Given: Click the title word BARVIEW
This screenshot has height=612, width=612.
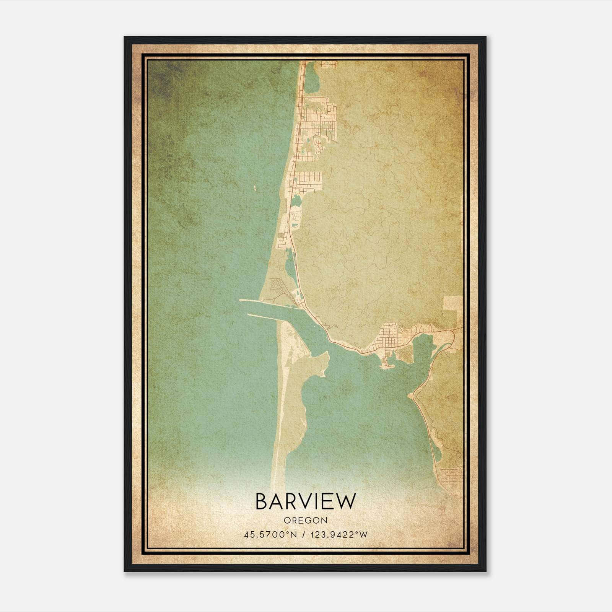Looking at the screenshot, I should pos(306,501).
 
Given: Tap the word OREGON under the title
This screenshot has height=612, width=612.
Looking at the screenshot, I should pos(306,521).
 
